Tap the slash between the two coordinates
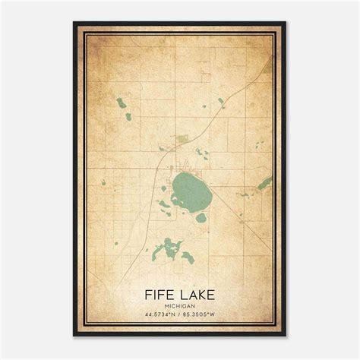click(x=180, y=314)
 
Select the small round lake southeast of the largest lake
click(x=201, y=217)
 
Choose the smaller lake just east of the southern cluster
click(x=188, y=257)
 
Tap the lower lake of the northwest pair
click(x=128, y=116)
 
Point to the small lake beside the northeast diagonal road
click(x=220, y=100)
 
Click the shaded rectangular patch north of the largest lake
click(x=182, y=139)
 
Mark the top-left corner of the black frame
click(x=74, y=23)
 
